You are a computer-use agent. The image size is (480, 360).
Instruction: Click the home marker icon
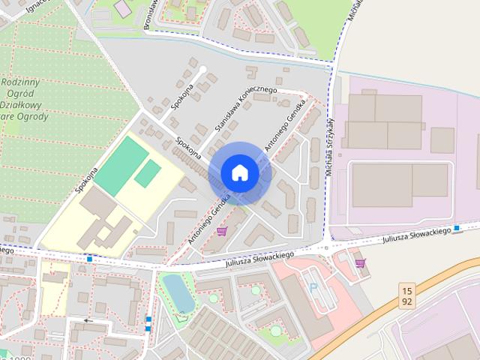pos(239,172)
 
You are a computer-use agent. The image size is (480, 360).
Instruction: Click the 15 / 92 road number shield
pos(407,295)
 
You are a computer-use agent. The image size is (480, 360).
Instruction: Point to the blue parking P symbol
pos(313,287)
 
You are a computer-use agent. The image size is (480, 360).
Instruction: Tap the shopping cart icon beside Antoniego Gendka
pos(222,231)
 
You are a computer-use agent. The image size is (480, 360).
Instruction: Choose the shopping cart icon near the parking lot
pos(360,262)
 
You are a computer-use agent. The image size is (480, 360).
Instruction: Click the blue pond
pos(178,291)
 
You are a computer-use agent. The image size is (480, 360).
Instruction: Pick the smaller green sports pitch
pos(147,173)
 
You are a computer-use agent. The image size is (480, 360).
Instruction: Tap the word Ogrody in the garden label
pos(35,116)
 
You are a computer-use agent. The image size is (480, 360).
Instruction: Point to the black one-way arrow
pos(89,320)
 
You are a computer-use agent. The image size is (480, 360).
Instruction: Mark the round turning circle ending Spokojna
pos(202,70)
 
